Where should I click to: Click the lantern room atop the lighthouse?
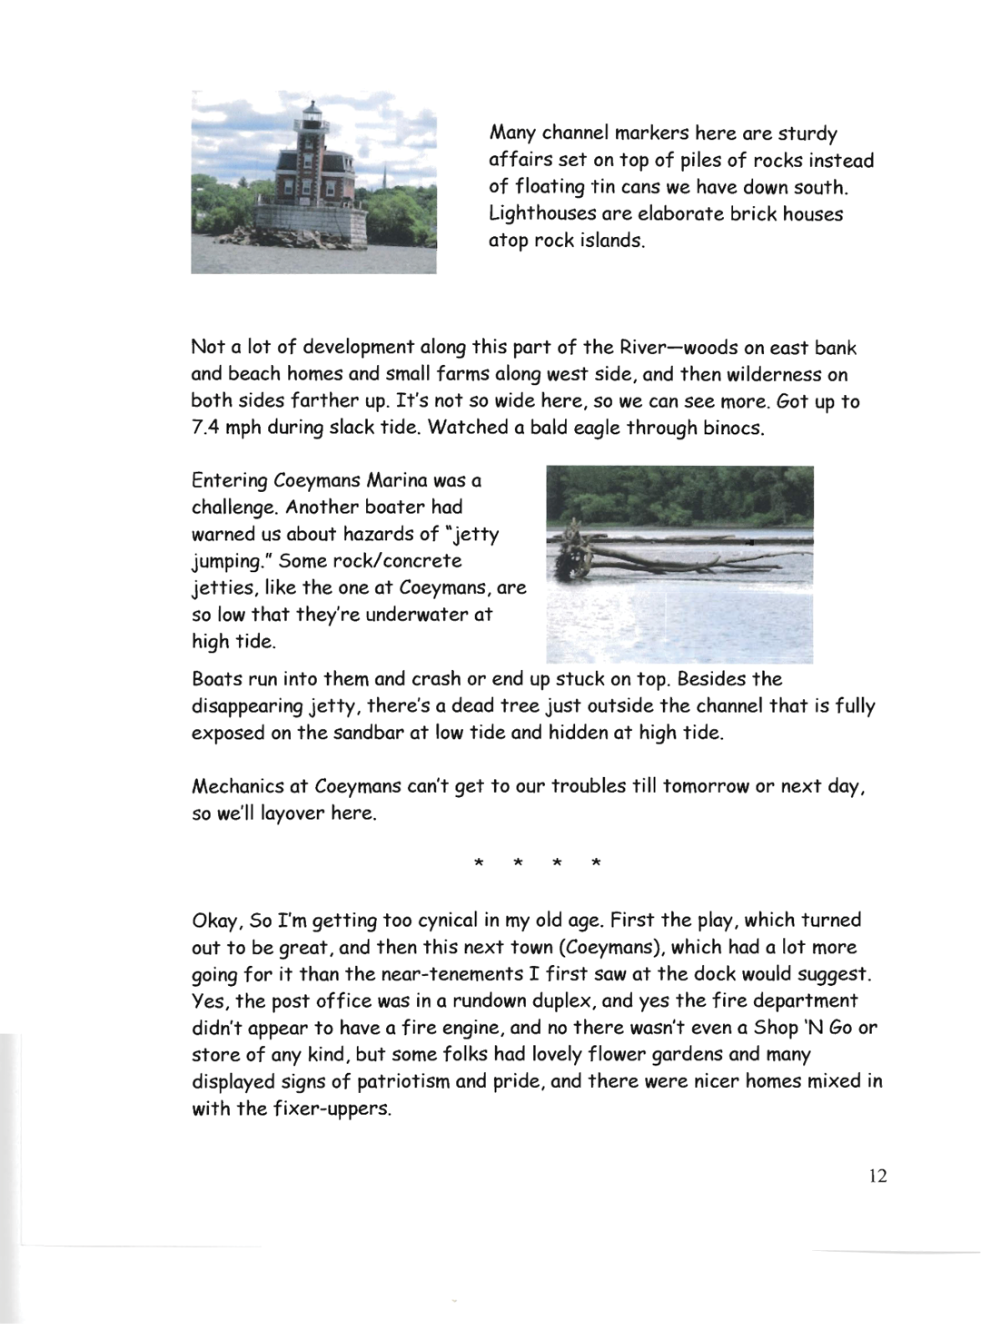point(312,114)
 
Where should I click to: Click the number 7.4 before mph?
point(205,428)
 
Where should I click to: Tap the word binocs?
point(733,428)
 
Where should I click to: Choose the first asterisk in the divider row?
point(478,862)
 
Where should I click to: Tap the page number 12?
point(877,1176)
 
